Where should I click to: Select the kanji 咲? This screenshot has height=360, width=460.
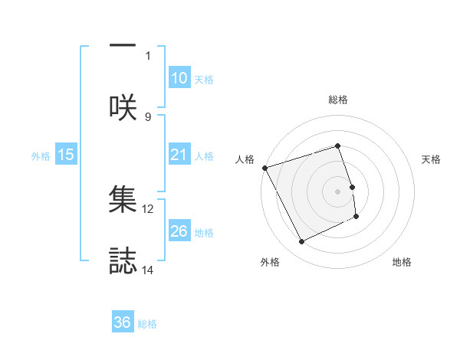pos(123,107)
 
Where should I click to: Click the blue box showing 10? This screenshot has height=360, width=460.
pos(179,78)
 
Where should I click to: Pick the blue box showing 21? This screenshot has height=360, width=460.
pos(179,155)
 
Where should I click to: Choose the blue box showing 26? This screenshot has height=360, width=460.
pos(179,231)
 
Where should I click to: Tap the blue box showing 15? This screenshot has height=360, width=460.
pos(66,155)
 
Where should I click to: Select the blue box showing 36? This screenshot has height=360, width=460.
pos(123,322)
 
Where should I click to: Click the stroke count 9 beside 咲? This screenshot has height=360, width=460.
pos(148,116)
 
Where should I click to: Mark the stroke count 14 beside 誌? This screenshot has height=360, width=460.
pos(148,270)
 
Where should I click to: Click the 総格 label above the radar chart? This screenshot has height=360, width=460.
pos(338,100)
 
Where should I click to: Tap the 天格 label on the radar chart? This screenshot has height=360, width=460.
pos(432,159)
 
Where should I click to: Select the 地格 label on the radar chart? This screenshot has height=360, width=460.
pos(402,263)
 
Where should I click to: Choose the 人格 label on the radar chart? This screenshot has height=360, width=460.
pos(245,159)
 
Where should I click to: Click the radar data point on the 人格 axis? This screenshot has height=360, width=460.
pos(265,168)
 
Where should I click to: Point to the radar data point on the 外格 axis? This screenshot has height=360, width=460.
pos(301,242)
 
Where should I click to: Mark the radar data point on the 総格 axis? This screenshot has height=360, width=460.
pos(338,146)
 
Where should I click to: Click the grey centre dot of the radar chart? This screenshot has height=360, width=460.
pos(338,191)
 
